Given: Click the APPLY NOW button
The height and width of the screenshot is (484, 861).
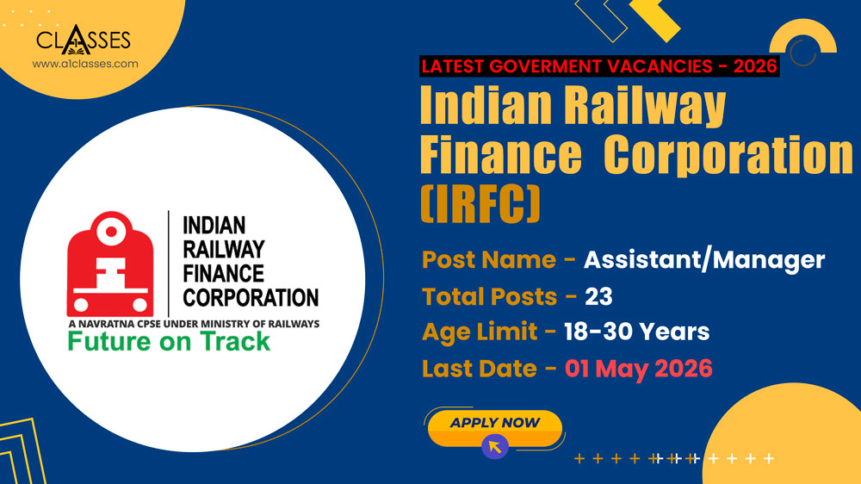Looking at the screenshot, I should coord(494,424).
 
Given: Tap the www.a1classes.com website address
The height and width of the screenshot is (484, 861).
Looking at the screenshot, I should coord(84,64).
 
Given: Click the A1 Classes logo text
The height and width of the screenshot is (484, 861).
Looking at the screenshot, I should coord(84,40).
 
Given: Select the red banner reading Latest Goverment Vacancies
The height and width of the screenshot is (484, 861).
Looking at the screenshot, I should coord(599,65).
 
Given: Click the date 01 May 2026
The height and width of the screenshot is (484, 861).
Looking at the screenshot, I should coord(638,369).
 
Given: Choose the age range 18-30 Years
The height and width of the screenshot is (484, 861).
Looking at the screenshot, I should coord(636,332).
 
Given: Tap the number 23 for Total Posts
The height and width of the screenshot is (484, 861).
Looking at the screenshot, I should coord(598,296).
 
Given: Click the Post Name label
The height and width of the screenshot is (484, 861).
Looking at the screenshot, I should coord(488,259).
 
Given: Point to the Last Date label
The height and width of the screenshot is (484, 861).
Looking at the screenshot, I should coord(480,369).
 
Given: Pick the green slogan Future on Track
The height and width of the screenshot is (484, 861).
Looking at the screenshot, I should coord(169,341).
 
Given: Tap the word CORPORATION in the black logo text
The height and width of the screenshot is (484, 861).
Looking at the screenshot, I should coord(251,298).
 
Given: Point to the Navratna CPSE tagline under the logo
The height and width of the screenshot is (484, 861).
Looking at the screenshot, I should coord(193,323).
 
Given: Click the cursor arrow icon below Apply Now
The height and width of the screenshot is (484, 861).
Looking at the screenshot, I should coord(494,446).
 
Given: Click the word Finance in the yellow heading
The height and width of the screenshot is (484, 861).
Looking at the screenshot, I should coord(500,155).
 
